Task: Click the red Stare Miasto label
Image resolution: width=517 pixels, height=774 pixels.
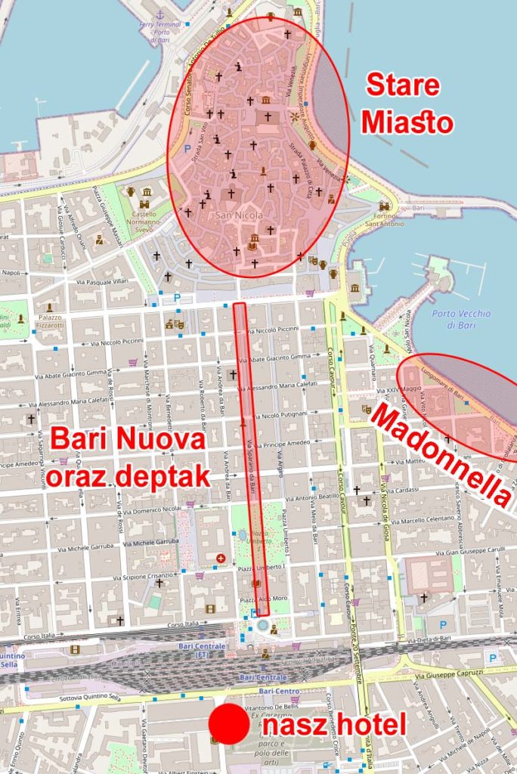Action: coord(407,104)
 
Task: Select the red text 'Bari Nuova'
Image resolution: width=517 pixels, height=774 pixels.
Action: coord(128,440)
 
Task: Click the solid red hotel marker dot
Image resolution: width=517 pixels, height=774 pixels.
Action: coord(228,723)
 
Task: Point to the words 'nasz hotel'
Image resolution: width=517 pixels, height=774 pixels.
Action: coord(334,725)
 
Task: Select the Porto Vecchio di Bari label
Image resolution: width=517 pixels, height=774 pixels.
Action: coord(461,319)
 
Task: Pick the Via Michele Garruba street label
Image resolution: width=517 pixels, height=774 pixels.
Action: coord(152,542)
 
